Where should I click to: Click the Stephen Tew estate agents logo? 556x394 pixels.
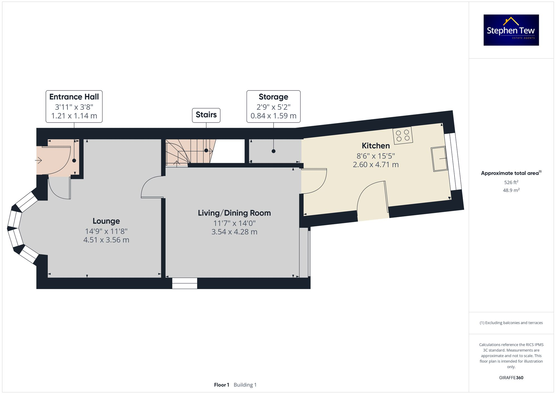pyautogui.click(x=511, y=30)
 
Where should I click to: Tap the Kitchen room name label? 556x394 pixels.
pyautogui.click(x=376, y=146)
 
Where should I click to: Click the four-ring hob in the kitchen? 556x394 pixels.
pyautogui.click(x=403, y=136)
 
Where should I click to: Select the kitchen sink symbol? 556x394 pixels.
pyautogui.click(x=439, y=159)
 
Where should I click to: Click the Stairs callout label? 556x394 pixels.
pyautogui.click(x=206, y=115)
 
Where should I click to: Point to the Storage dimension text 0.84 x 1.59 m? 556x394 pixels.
pyautogui.click(x=273, y=116)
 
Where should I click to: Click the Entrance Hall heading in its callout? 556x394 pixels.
pyautogui.click(x=74, y=97)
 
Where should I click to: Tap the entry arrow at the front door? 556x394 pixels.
pyautogui.click(x=38, y=160)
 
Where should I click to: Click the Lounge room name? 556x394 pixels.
pyautogui.click(x=106, y=221)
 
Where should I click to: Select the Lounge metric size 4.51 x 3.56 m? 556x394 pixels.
pyautogui.click(x=106, y=240)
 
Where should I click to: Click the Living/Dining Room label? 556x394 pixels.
pyautogui.click(x=234, y=213)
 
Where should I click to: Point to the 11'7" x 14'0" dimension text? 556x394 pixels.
pyautogui.click(x=234, y=223)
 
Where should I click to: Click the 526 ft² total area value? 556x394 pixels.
pyautogui.click(x=511, y=182)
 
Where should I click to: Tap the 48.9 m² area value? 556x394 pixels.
pyautogui.click(x=511, y=190)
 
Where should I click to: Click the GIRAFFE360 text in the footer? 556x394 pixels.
pyautogui.click(x=511, y=378)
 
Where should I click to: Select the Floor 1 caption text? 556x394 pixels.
pyautogui.click(x=222, y=385)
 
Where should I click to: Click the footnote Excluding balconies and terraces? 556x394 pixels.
pyautogui.click(x=511, y=323)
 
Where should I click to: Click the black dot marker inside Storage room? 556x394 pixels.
pyautogui.click(x=274, y=151)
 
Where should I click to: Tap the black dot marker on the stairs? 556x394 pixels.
pyautogui.click(x=206, y=150)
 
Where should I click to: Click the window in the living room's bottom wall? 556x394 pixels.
pyautogui.click(x=185, y=283)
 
